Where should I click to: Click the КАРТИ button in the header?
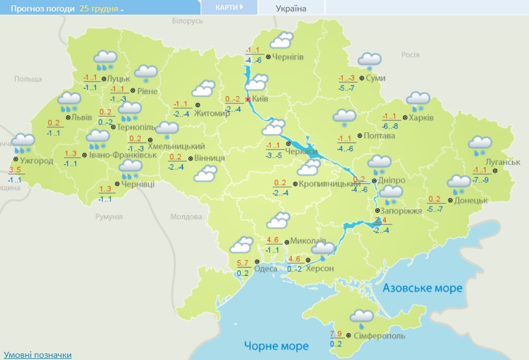point(229,8)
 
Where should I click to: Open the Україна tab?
point(291,8)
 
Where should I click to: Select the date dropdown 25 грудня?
point(102,9)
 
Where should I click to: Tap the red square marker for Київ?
point(248,100)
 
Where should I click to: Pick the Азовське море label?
point(422,288)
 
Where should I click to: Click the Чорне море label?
point(276,345)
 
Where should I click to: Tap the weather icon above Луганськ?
point(480,145)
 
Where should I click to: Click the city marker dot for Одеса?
point(251,268)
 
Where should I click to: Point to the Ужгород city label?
point(36,161)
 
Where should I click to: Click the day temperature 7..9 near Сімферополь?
point(336,333)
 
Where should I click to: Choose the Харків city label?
point(421,117)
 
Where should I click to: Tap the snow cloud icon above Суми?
point(369,61)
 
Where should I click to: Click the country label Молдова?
point(186,216)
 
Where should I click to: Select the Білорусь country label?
point(187,21)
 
